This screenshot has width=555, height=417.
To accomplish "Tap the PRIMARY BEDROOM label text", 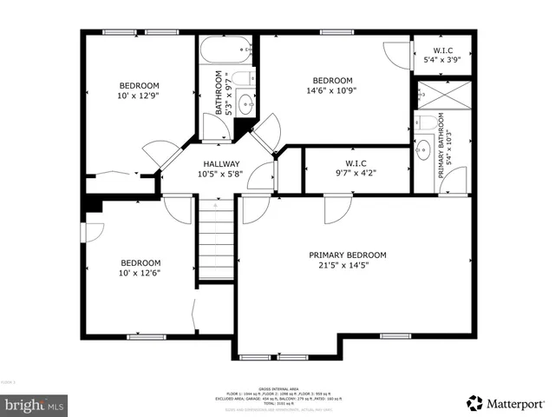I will tap(348, 255).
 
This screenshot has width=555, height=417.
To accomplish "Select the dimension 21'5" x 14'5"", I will tap(348, 266).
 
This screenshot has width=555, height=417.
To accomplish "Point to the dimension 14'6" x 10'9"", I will tap(332, 90).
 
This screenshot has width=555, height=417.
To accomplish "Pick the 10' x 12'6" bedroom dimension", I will tap(140, 274).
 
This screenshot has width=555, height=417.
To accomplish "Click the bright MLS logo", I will tap(35, 404).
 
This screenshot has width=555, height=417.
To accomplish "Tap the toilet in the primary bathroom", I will tap(424, 121).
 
